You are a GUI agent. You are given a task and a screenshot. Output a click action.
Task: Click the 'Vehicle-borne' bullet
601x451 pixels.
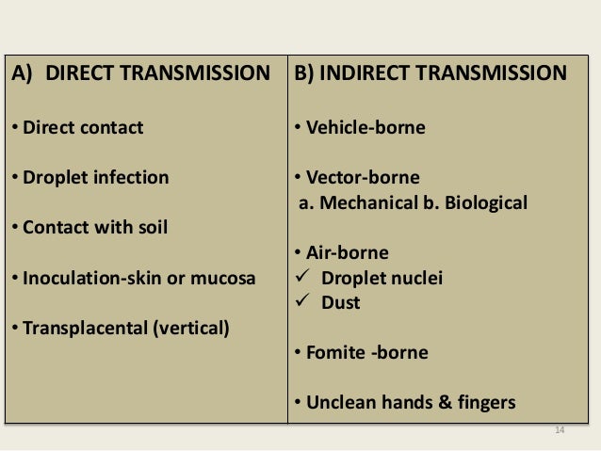pos(364,126)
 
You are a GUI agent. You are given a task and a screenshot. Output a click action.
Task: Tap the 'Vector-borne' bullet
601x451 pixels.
pos(361,177)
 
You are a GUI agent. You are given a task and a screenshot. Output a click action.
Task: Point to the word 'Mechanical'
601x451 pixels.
pos(363,202)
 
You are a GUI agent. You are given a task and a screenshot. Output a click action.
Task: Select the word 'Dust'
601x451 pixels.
pos(341,303)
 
